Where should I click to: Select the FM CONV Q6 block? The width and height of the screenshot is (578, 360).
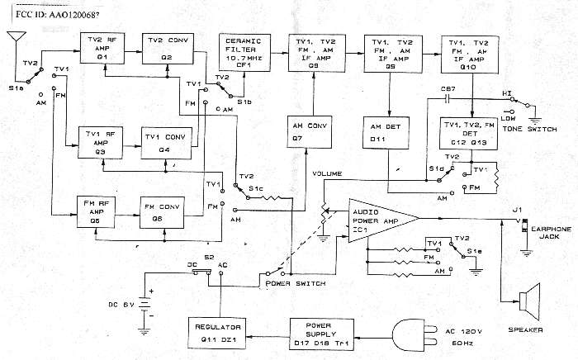151,213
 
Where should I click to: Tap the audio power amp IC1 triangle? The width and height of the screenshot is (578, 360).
377,216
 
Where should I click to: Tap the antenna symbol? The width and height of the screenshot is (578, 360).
15,39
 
